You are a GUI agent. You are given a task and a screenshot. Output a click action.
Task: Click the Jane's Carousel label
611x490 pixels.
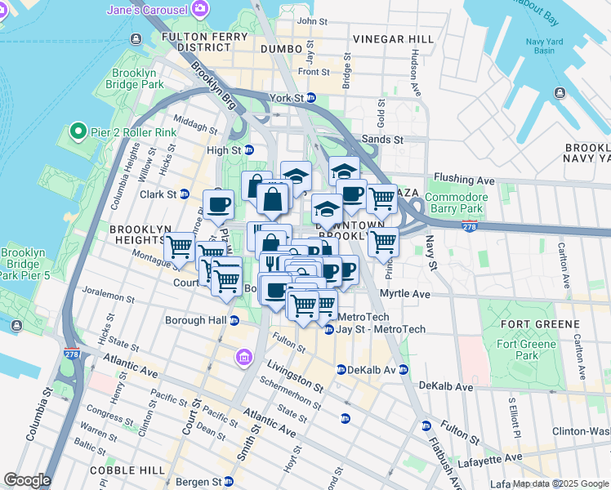coord(147,10)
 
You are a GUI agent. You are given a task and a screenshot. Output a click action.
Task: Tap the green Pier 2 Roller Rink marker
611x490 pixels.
coord(78,131)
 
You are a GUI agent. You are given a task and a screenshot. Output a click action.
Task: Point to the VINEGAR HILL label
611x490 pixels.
coord(394,39)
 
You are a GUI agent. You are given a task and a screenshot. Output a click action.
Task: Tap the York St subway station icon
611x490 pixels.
coord(310,98)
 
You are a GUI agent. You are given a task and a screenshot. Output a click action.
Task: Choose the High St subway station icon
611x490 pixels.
coord(249,150)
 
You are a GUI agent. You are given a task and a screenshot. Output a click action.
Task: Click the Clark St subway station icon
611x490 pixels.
coord(185,194)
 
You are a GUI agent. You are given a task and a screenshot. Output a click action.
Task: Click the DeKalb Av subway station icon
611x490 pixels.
coord(341,370)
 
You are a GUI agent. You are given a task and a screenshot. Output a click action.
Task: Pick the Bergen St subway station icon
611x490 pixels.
coord(229,481)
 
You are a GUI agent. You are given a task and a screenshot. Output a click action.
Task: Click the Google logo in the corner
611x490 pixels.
coord(27,480)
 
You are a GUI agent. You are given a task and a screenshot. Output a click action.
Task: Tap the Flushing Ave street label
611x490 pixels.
coord(465,178)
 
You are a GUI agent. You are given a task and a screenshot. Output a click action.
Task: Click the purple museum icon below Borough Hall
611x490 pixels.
coord(243,357)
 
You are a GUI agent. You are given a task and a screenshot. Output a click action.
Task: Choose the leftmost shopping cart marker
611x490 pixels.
coord(179,246)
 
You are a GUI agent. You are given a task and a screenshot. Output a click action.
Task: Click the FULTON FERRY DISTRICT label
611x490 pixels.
coord(204,42)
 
